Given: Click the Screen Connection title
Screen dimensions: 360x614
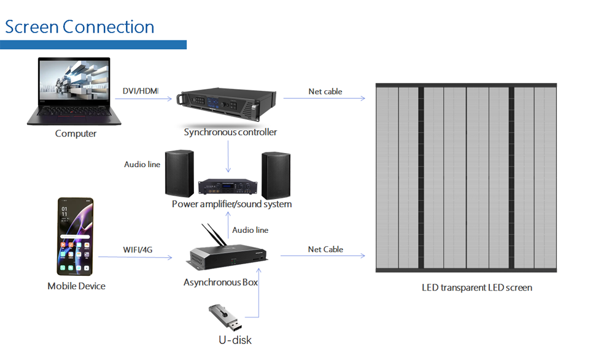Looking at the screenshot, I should coord(80,27).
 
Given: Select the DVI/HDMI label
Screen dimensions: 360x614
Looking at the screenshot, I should coord(141,92).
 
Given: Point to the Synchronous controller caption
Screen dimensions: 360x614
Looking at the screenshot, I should coord(230,132).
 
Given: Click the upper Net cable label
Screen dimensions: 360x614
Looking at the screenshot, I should coord(325,92).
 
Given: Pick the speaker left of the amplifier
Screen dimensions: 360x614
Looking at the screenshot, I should coord(179,173).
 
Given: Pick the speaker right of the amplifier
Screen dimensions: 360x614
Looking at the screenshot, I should coord(276,174).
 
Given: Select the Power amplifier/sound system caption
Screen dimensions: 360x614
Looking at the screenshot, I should coord(231,204).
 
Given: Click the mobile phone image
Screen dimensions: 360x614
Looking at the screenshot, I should coord(76,237).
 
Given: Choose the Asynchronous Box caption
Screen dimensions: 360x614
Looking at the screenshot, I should coord(220,283).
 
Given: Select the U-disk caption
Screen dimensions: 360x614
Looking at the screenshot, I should coord(235,340).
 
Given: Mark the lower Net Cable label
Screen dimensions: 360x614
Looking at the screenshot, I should coord(325,249).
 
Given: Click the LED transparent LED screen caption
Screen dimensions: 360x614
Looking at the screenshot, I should coord(477,288).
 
